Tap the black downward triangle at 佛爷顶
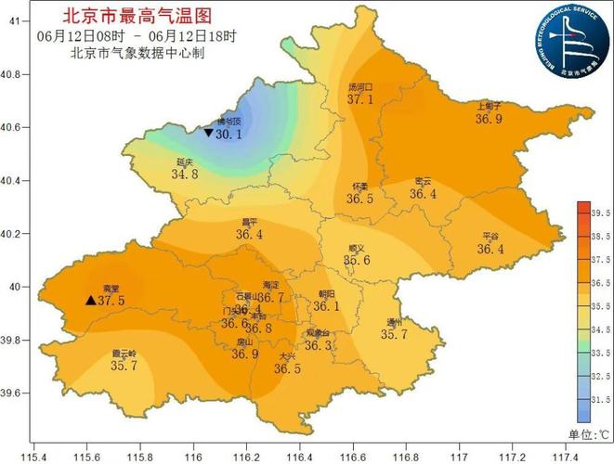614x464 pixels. pos(208,134)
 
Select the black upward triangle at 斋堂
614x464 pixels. pos(89,301)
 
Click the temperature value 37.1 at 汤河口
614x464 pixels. pos(360,99)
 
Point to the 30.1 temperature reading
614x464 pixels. pos(229,135)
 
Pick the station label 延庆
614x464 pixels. pos(185,161)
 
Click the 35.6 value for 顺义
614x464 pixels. pos(357,261)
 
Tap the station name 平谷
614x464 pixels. pos(491,237)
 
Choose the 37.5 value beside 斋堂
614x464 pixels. pos(111,301)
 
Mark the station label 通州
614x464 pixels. pos(395,322)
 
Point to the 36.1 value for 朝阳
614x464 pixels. pos(325,306)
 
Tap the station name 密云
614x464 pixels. pos(423,182)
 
